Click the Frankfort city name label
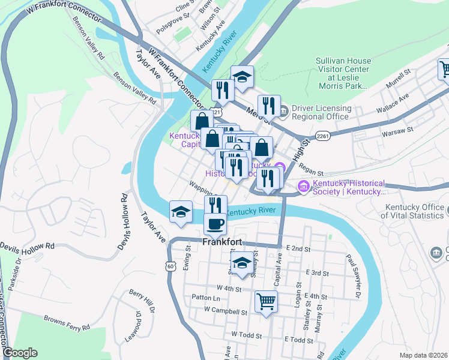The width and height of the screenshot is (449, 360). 222,242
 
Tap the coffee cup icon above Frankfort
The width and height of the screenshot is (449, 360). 215,224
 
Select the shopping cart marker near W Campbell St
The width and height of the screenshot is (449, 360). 266,301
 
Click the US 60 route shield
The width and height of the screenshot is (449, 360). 170,266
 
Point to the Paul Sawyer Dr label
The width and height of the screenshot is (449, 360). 352,275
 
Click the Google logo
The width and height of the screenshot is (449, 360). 20,353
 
